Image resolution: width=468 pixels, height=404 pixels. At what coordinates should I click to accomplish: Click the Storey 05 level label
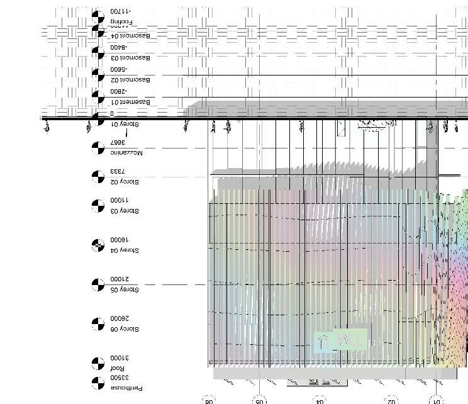[x=124, y=289]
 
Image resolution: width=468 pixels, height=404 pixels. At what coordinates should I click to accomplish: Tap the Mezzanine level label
[x=126, y=153]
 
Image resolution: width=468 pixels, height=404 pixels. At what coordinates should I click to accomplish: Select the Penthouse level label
[x=126, y=388]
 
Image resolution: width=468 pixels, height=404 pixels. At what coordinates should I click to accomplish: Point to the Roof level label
[x=118, y=368]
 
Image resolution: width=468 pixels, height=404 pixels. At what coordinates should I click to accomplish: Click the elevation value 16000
[x=119, y=240]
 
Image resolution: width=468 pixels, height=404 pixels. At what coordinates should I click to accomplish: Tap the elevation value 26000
[x=119, y=318]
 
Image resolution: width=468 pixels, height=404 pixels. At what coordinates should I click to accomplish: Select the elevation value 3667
[x=117, y=143]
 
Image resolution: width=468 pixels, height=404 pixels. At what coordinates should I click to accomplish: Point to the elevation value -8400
[x=118, y=47]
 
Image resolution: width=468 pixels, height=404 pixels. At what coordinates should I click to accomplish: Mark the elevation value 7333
[x=118, y=171]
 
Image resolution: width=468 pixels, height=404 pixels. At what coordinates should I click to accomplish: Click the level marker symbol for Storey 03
[x=97, y=206]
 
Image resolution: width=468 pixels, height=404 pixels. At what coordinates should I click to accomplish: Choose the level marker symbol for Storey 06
[x=97, y=324]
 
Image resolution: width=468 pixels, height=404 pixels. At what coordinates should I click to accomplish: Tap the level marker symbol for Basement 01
[x=97, y=97]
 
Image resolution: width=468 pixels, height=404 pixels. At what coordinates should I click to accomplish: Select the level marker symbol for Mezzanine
[x=97, y=148]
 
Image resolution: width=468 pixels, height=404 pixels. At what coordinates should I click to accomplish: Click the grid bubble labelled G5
[x=260, y=400]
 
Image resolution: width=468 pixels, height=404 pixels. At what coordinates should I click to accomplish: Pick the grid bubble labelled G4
[x=320, y=400]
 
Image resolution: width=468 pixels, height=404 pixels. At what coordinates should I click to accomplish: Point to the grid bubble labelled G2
[x=391, y=400]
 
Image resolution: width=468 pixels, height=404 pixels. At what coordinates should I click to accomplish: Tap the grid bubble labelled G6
[x=209, y=400]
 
